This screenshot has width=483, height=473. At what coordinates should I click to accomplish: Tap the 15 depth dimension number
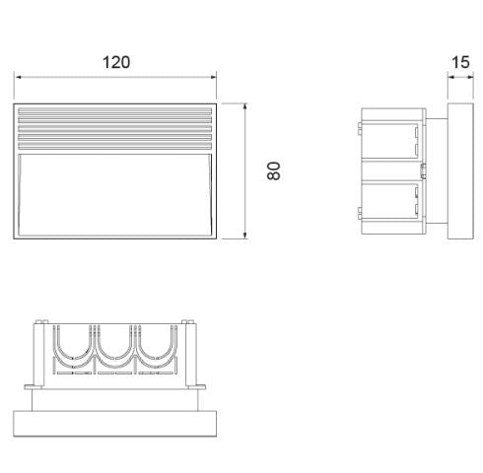click(459, 62)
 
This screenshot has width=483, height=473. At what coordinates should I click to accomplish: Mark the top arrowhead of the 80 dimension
click(244, 104)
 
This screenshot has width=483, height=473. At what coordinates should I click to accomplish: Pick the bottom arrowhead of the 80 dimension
click(244, 236)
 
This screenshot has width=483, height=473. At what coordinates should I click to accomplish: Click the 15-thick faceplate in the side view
click(459, 169)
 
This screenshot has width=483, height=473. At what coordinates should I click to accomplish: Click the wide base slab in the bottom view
click(114, 425)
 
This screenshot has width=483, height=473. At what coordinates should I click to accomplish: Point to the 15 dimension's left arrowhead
click(449, 77)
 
